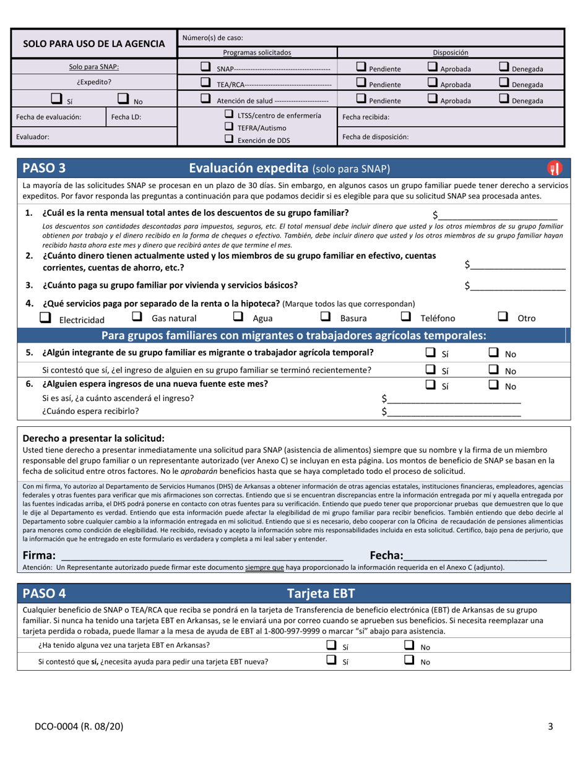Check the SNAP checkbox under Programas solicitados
click(205, 67)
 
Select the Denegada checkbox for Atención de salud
click(504, 99)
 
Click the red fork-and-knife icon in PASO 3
click(554, 168)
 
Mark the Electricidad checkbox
click(45, 317)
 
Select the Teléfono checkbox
click(406, 317)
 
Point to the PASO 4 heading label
click(44, 593)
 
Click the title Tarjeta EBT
click(321, 593)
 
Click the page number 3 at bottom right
click(550, 727)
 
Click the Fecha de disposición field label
click(375, 137)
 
